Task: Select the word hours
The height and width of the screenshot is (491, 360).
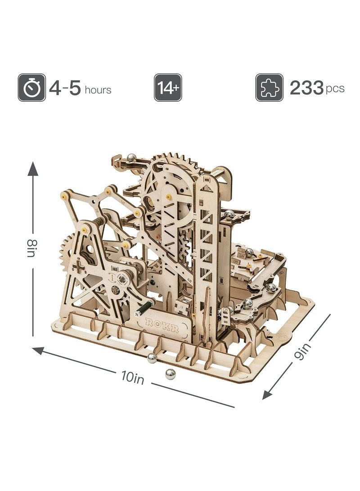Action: coord(97,90)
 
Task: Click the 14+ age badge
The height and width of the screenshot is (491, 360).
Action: coord(168,87)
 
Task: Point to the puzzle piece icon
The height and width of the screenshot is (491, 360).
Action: coord(269,87)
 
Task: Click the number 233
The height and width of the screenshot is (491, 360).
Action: coord(306,88)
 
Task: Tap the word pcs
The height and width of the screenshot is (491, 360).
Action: coord(336,88)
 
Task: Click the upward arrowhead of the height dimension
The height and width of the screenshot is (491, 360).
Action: coord(33,168)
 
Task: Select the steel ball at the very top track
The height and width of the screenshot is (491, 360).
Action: coord(132,157)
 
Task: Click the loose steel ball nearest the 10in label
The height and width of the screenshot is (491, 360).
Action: coord(170,374)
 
